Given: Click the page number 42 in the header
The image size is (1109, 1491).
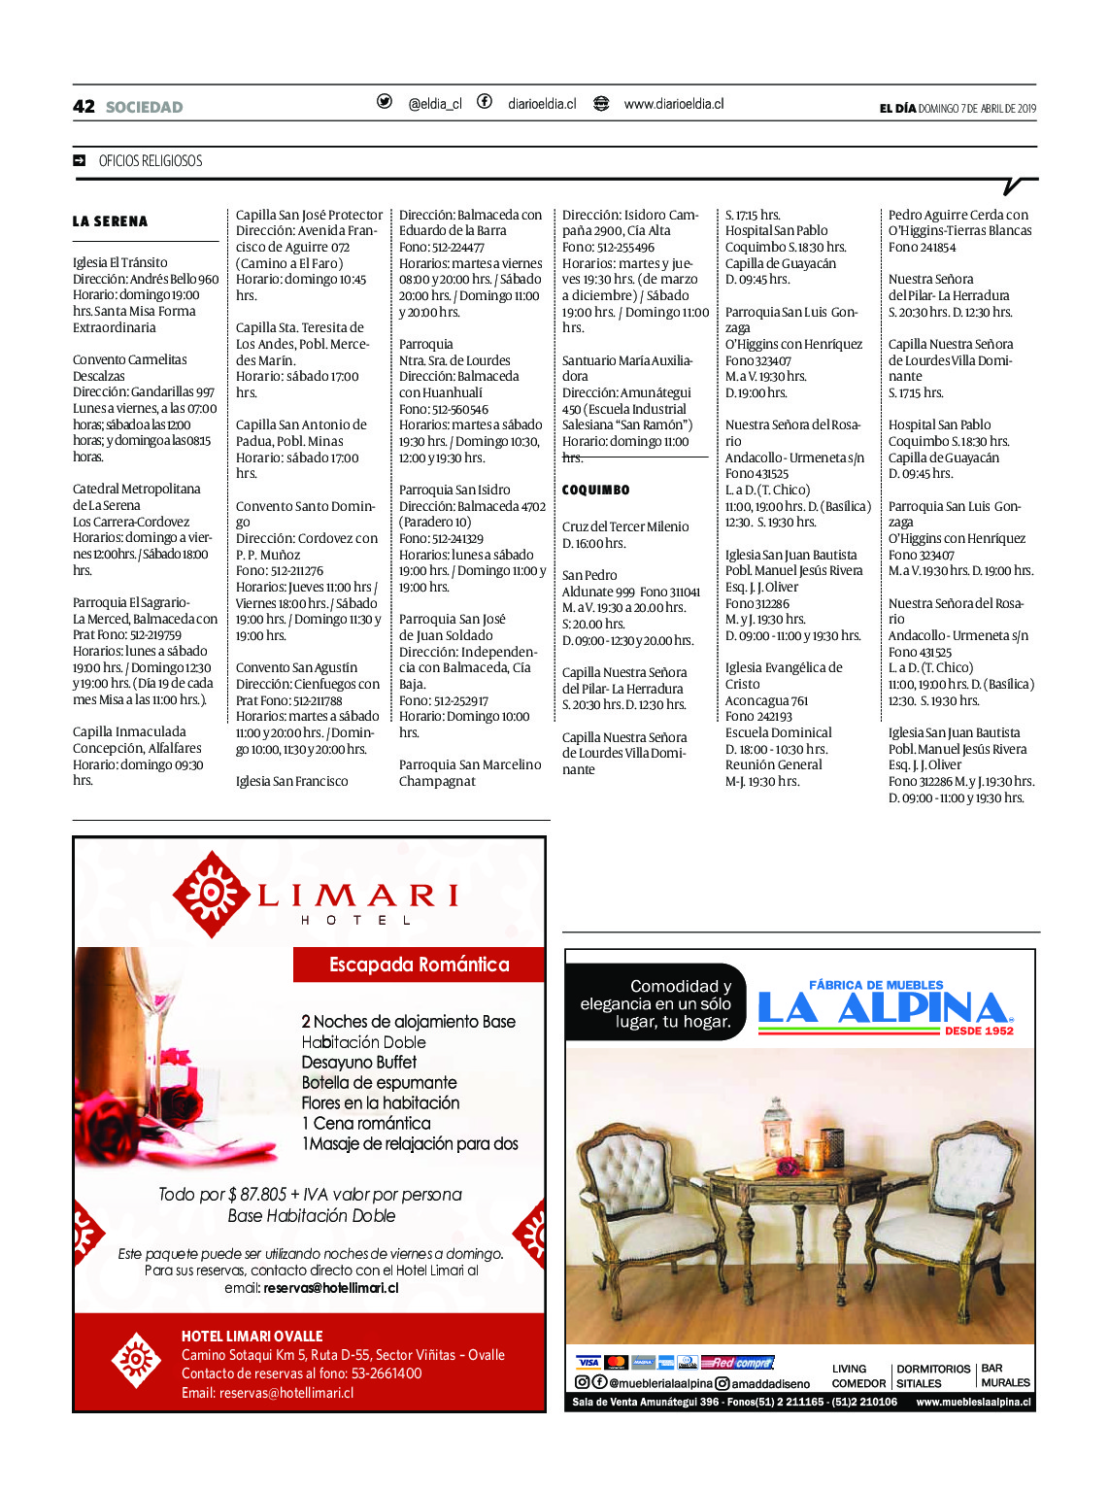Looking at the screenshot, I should pos(84,107).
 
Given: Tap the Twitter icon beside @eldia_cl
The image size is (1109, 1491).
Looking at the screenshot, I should pos(385,102).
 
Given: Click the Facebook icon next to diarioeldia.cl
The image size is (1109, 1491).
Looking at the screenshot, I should pos(484,102).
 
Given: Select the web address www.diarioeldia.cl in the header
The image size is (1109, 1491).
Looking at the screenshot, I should pos(673,104).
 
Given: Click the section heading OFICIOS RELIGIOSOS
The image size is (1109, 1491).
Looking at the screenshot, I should pos(151,161).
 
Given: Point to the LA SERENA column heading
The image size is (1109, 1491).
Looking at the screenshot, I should pos(110,221).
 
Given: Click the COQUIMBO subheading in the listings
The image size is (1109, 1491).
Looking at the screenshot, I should pos(595,491).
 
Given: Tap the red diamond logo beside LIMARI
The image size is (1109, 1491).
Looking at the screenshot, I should pos(211,894).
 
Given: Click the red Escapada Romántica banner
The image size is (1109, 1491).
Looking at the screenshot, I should pos(419,965).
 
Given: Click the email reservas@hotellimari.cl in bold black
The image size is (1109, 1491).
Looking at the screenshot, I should pos(330,1288).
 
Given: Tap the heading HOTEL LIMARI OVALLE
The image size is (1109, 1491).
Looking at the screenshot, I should pos(252,1337).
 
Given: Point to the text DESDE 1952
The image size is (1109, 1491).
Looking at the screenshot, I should pos(978,1031).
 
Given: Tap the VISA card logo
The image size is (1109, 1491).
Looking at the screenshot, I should pos(588,1363).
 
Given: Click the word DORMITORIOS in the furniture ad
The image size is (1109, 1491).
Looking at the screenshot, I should pos(933,1369).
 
